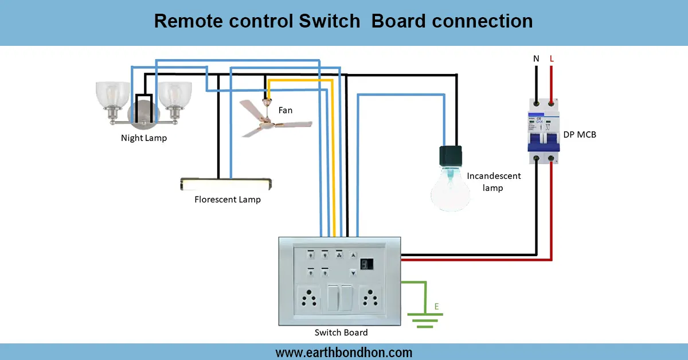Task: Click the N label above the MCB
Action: click(536, 58)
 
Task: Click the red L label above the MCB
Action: click(552, 58)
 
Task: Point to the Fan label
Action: click(285, 110)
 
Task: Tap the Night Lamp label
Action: click(144, 138)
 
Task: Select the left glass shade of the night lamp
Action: click(111, 95)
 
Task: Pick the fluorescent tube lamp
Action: click(227, 184)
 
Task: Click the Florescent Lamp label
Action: click(228, 199)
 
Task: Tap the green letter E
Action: click(436, 306)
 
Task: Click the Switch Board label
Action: click(341, 332)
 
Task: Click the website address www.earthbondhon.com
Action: click(343, 352)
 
